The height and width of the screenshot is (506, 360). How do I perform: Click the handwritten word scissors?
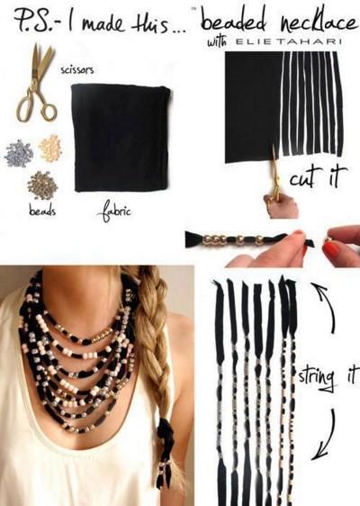(77, 69)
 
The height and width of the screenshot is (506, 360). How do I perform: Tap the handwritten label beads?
(42, 211)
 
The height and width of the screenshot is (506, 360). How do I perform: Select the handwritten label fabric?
(114, 212)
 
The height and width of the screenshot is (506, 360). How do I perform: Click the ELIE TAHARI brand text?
(289, 41)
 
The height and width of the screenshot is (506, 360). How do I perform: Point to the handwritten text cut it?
(318, 176)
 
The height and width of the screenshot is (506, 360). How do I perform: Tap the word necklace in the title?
(319, 22)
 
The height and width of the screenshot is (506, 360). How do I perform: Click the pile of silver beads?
(19, 154)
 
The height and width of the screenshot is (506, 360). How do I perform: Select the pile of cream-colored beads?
(50, 148)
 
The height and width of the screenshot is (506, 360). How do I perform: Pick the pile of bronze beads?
(42, 185)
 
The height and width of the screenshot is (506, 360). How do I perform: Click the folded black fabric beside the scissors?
(121, 137)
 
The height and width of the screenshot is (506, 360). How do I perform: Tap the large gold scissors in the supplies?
(37, 83)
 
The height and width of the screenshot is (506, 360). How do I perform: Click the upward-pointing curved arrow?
(325, 306)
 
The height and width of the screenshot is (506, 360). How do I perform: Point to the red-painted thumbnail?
(333, 249)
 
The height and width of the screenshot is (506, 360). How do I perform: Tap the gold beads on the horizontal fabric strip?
(231, 239)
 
